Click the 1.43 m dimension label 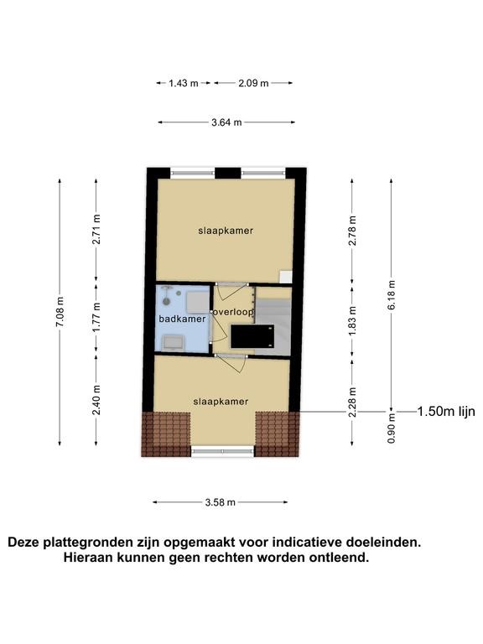(x=184, y=83)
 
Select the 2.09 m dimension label (x=253, y=83)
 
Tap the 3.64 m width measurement (x=226, y=122)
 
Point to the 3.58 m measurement (x=221, y=502)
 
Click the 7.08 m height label (x=60, y=312)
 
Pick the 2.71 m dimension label (x=96, y=229)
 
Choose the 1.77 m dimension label (x=96, y=318)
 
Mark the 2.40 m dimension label (x=96, y=400)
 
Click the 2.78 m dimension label (x=352, y=231)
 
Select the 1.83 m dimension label (x=352, y=321)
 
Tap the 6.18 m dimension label (x=392, y=296)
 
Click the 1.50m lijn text (x=446, y=412)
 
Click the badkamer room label (x=182, y=319)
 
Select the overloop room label (x=233, y=312)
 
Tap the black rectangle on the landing (x=252, y=336)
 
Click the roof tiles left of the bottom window (x=166, y=434)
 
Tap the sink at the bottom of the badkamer (x=174, y=342)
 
